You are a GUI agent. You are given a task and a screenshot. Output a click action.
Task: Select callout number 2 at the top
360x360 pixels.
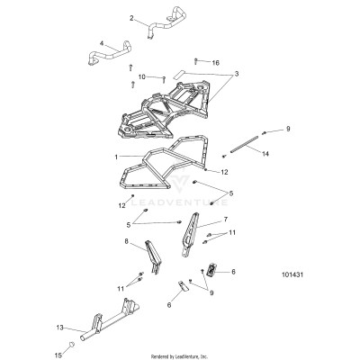(x=132, y=18)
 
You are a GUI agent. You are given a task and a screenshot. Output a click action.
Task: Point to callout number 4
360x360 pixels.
(x=102, y=42)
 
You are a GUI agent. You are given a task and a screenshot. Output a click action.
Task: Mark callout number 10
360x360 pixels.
(x=141, y=77)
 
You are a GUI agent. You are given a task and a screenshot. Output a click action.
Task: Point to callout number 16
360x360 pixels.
(x=215, y=63)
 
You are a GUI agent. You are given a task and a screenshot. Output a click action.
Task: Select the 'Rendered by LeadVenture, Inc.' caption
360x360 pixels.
(x=180, y=355)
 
